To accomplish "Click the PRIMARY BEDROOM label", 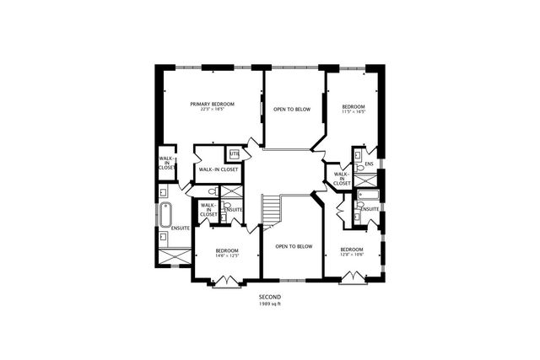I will (x=212, y=104).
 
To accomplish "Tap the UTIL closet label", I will (x=234, y=153).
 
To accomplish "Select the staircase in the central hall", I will (x=269, y=211).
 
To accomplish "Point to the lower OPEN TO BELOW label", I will (x=294, y=246).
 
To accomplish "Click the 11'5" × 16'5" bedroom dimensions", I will (x=353, y=111).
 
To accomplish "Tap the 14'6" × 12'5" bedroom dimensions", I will (x=226, y=255).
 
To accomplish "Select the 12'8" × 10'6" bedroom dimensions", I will (x=351, y=255).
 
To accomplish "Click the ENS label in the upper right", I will (x=369, y=164).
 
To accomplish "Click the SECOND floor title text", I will (x=270, y=297).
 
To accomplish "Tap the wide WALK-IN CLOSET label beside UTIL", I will (x=218, y=169).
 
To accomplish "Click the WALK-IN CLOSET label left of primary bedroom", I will (x=166, y=163).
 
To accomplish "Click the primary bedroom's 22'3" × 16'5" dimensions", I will (x=212, y=110).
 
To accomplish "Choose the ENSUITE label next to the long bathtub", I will (x=180, y=228).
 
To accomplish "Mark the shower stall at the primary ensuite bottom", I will (x=173, y=254).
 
